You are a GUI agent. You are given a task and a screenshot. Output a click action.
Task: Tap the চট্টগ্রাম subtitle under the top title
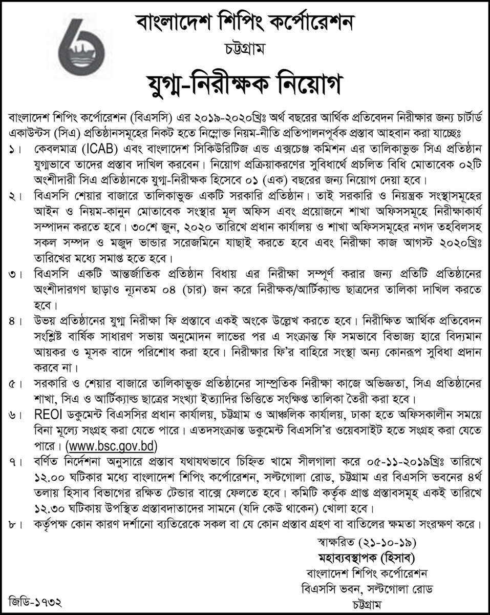[x=244, y=50]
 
